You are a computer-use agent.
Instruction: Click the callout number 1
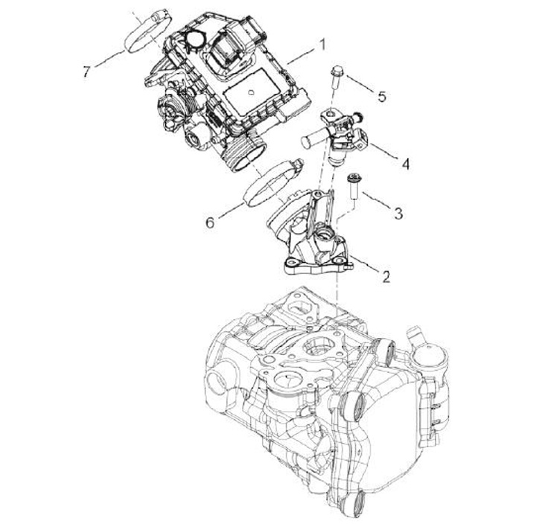coord(322,45)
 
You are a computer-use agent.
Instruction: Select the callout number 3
coord(398,214)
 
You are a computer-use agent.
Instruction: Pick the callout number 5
coord(382,96)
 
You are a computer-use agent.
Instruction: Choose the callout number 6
coord(211,222)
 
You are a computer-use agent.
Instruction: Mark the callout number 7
coord(88,71)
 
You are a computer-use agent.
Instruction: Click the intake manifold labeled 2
coord(313,238)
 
